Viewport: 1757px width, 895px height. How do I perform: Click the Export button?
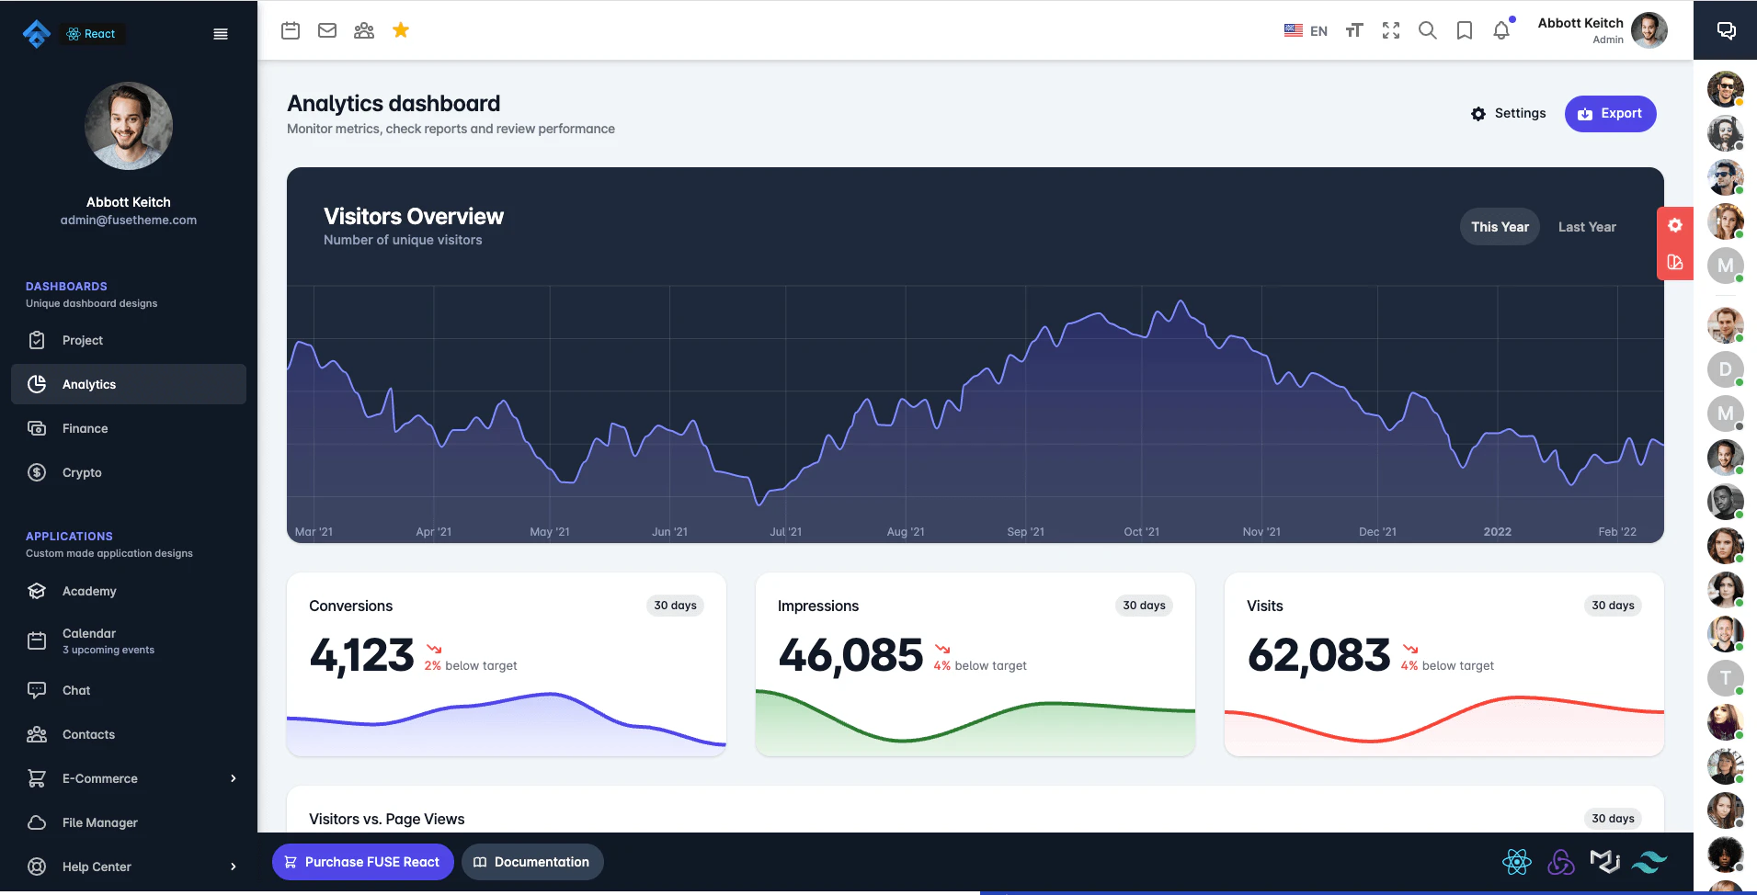tap(1610, 114)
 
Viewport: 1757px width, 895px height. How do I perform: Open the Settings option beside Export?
tap(1508, 114)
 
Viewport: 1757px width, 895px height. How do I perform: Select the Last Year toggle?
tap(1586, 227)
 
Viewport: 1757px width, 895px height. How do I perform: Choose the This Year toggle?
tap(1500, 227)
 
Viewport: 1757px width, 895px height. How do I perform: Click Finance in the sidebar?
tap(85, 428)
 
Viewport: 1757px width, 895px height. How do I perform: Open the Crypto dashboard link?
tap(82, 472)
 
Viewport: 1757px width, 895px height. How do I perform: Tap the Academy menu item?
tap(89, 591)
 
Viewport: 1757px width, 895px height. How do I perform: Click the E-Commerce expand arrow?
tap(234, 778)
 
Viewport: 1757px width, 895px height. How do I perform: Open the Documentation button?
tap(531, 862)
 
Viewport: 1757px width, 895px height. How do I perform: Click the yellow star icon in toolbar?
tap(401, 30)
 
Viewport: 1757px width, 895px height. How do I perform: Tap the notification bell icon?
tap(1501, 30)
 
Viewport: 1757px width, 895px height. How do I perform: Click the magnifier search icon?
tap(1427, 30)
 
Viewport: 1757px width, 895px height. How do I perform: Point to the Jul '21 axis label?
tap(785, 532)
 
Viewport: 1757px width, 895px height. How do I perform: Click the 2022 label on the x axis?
tap(1497, 532)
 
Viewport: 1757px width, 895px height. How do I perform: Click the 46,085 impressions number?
tap(850, 655)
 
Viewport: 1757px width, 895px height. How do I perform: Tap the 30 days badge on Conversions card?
tap(675, 606)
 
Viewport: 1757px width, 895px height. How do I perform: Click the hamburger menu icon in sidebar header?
tap(221, 34)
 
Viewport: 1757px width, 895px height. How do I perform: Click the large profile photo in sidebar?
tap(129, 126)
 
